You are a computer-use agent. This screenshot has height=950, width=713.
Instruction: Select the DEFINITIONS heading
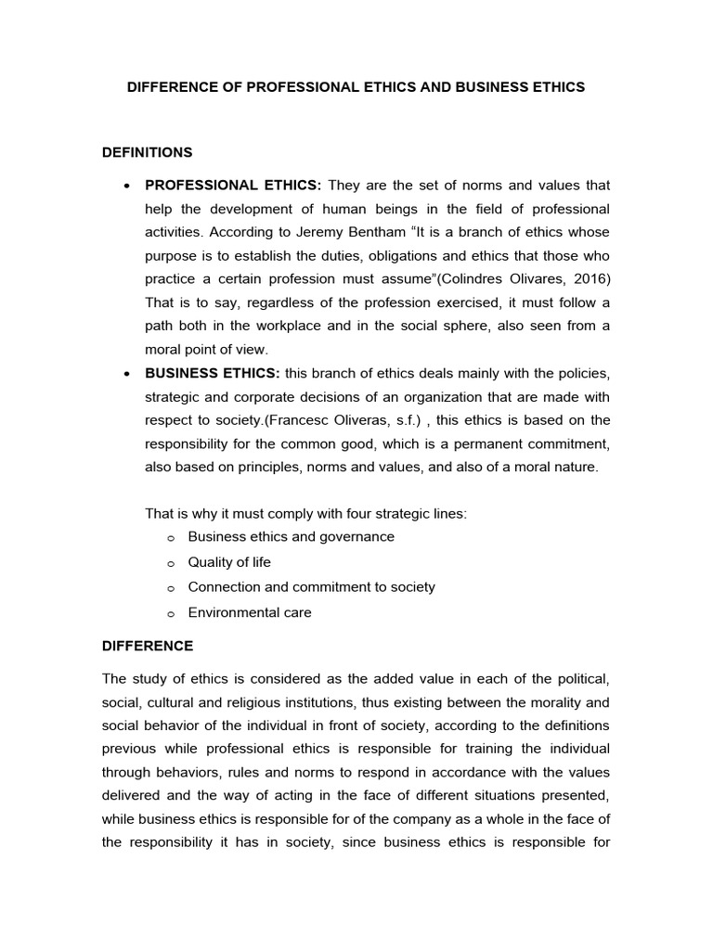pyautogui.click(x=148, y=151)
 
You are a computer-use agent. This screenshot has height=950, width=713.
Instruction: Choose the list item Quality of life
pyautogui.click(x=229, y=561)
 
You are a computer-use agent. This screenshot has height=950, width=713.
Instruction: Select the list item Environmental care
pyautogui.click(x=250, y=612)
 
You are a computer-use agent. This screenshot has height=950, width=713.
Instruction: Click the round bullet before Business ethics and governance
pyautogui.click(x=171, y=537)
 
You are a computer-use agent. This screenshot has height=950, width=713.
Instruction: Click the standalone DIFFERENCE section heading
pyautogui.click(x=148, y=645)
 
